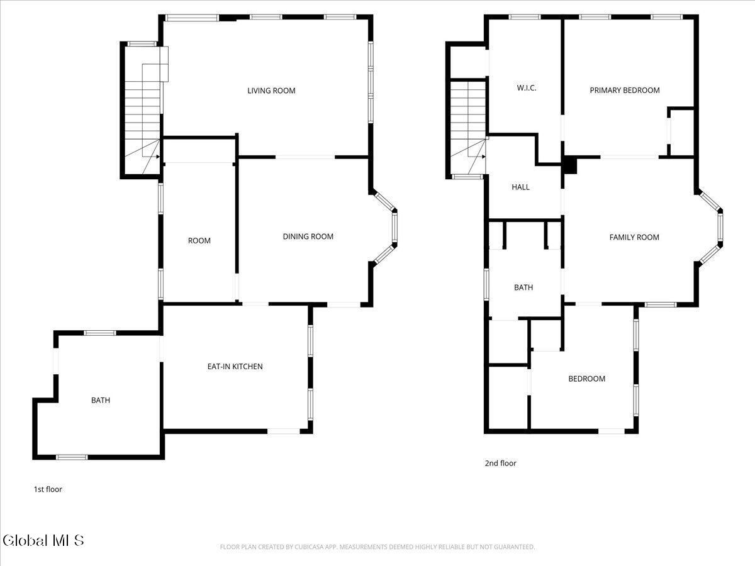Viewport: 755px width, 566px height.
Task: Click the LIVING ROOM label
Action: tap(271, 91)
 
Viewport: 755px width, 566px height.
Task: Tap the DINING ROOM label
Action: tap(308, 236)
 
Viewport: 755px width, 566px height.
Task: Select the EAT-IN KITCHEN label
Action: tap(235, 366)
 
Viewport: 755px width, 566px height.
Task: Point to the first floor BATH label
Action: tap(101, 400)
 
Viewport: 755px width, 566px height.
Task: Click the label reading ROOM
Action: tap(199, 241)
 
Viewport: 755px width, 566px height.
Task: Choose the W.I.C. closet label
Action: tap(527, 88)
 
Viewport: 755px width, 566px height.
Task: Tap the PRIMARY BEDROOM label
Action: tap(624, 90)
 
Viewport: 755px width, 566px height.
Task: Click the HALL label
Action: tap(520, 187)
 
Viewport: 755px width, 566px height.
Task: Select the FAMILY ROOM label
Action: tap(634, 237)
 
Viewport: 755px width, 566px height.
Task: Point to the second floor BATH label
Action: tap(523, 287)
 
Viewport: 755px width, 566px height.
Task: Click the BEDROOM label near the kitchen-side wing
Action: tap(586, 379)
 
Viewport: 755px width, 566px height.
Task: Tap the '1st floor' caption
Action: tap(48, 489)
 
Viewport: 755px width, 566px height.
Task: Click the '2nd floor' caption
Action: tap(500, 463)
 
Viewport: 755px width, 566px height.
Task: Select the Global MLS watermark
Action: tap(43, 540)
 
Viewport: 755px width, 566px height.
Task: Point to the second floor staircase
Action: tap(468, 126)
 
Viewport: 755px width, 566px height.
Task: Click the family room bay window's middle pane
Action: tap(720, 228)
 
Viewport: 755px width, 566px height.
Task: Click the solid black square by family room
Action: tap(570, 165)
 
